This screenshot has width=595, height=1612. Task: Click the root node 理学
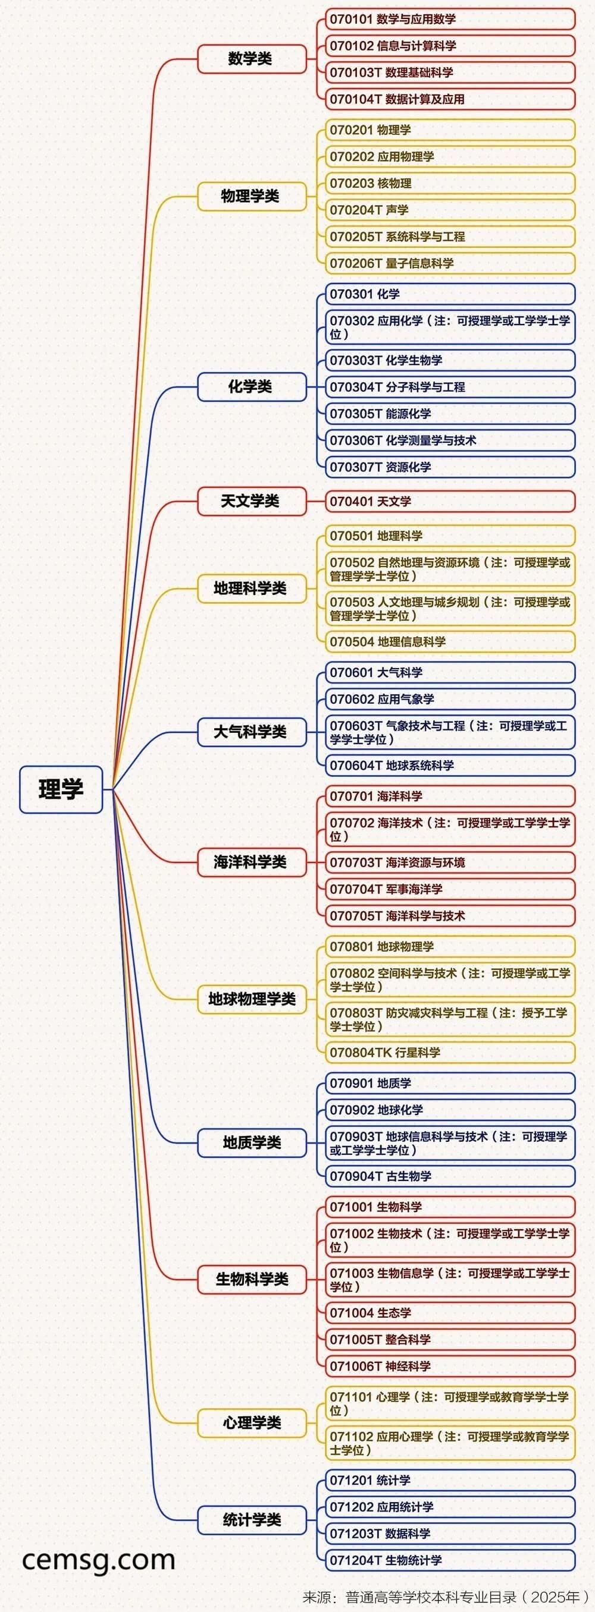(61, 789)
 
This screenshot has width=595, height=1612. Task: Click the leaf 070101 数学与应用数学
(450, 20)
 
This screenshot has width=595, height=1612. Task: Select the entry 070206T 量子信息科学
(450, 263)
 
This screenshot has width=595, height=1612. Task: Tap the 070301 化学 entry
(450, 294)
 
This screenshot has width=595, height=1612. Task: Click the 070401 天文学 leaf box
(450, 501)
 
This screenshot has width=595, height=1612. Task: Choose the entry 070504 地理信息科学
(450, 641)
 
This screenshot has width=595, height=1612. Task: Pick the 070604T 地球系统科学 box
(450, 766)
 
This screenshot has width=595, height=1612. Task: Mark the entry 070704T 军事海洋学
(450, 889)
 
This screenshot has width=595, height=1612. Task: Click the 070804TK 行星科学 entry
(450, 1053)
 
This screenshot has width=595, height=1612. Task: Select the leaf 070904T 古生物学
(450, 1176)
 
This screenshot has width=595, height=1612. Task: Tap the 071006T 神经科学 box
(450, 1366)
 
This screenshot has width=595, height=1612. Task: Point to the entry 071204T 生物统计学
(450, 1560)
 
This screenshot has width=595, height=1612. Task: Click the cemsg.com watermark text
(98, 1560)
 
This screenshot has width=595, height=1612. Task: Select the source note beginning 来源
(445, 1597)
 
